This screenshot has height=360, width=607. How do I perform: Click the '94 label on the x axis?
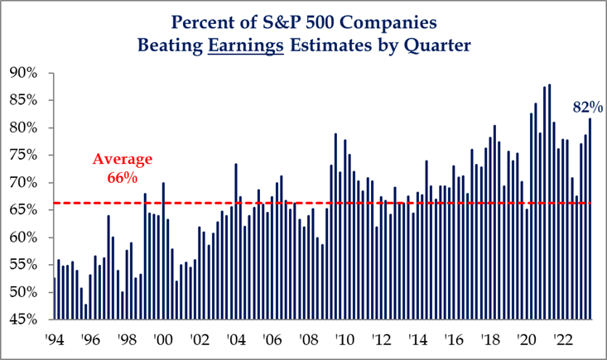54,339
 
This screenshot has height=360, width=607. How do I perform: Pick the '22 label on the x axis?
561,339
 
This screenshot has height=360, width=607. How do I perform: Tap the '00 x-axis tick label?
162,339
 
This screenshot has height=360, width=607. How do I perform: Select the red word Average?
122,158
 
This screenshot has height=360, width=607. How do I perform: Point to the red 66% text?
122,177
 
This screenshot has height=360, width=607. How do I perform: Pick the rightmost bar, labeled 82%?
590,218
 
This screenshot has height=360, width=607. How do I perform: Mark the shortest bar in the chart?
85,311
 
